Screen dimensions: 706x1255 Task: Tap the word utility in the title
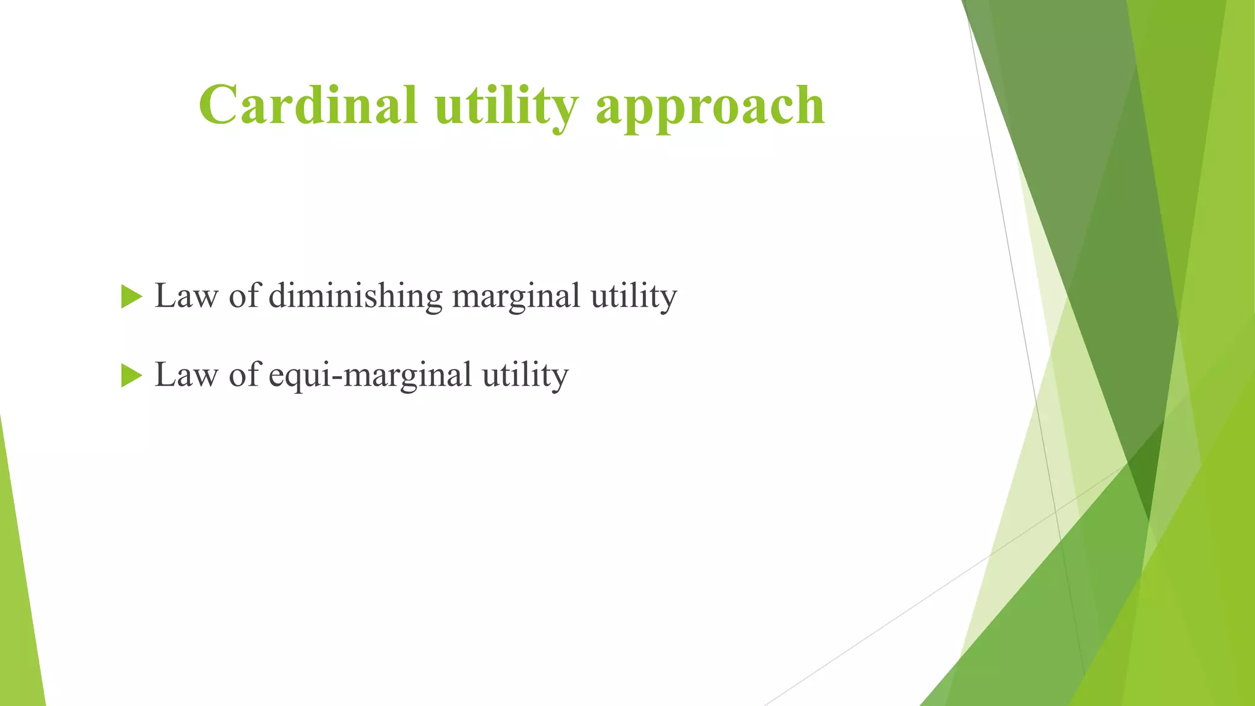[x=506, y=105]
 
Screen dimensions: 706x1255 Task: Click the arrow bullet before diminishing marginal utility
[x=131, y=297]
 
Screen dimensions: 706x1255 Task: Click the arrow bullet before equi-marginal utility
[x=131, y=375]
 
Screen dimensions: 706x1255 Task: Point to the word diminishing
[x=355, y=297]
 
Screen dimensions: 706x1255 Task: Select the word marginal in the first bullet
[x=516, y=297]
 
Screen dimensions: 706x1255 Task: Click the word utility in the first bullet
[x=634, y=297]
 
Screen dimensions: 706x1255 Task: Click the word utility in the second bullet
[x=525, y=375]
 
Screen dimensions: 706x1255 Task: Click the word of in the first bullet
[x=244, y=297]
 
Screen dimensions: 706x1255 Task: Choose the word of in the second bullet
[x=244, y=375]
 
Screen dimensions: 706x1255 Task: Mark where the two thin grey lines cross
[x=1056, y=511]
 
